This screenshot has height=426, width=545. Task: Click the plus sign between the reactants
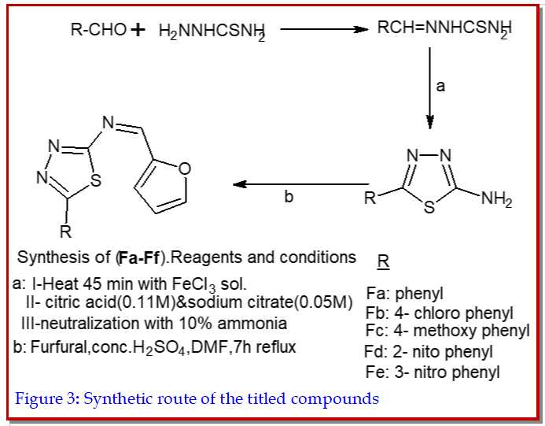tap(138, 31)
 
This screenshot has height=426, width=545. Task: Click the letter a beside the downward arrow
tap(440, 87)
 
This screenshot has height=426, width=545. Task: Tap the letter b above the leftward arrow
tap(289, 197)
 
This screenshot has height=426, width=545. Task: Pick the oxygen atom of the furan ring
tap(185, 167)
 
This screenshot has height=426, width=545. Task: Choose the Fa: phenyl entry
tap(405, 294)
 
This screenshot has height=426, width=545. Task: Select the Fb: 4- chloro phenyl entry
tap(440, 313)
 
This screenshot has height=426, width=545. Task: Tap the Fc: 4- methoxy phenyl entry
tap(447, 331)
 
